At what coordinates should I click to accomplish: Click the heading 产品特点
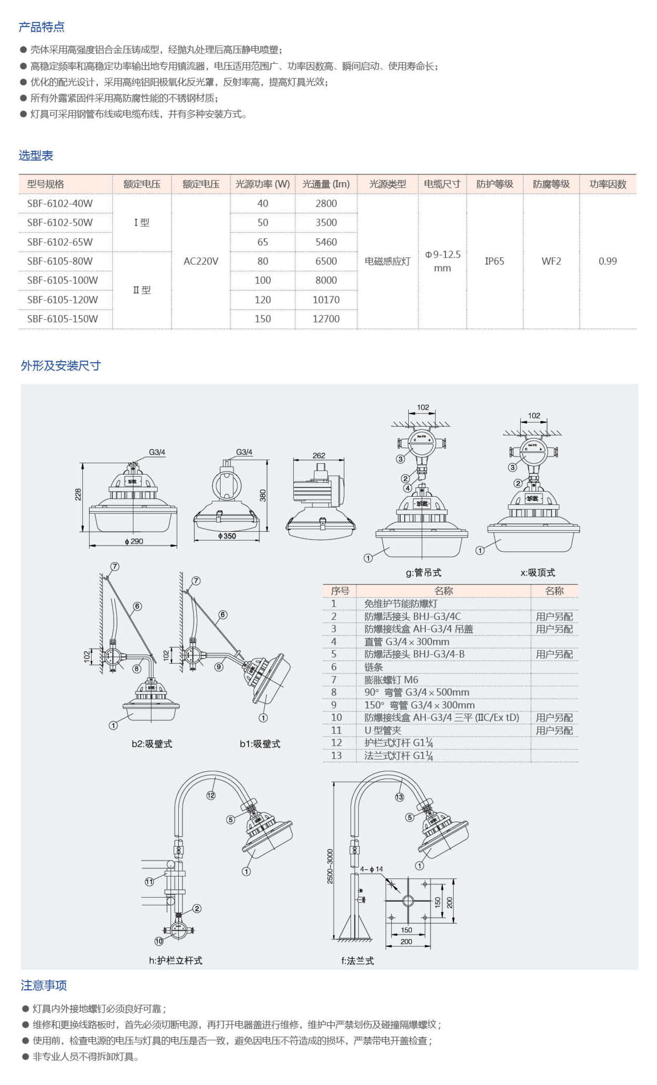click(x=41, y=27)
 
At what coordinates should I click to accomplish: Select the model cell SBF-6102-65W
click(x=60, y=242)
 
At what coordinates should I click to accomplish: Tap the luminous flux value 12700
click(x=326, y=319)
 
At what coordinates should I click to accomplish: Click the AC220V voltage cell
click(x=201, y=261)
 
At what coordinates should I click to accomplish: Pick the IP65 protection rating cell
click(x=494, y=261)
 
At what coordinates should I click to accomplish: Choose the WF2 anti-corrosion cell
click(x=551, y=261)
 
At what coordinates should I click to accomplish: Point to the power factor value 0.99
click(x=608, y=261)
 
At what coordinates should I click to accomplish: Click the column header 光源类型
click(x=387, y=184)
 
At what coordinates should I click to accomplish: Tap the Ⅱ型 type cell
click(x=142, y=290)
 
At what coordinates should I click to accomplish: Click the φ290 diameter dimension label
click(x=134, y=541)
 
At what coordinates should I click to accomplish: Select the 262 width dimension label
click(x=319, y=455)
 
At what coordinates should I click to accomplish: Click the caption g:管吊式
click(x=423, y=573)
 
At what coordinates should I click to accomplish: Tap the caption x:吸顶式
click(x=538, y=573)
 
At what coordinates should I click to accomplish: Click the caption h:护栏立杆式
click(x=176, y=960)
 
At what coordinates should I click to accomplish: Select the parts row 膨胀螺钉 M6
click(x=391, y=680)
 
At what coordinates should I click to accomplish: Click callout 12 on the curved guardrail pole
click(x=211, y=795)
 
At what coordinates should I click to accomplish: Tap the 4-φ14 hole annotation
click(x=372, y=869)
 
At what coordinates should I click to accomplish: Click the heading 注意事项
click(x=43, y=986)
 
